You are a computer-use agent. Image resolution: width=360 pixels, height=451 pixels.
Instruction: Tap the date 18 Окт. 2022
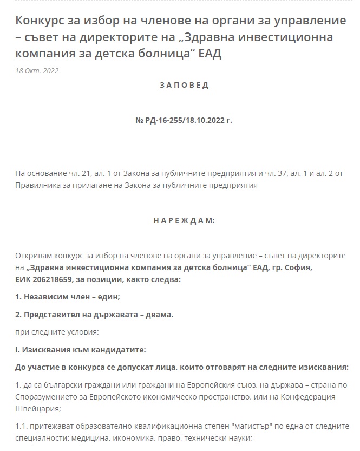[x=37, y=71]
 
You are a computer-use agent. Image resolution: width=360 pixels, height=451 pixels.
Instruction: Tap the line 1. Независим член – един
[x=68, y=297]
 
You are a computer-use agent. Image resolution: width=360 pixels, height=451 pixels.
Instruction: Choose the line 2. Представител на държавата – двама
[x=94, y=314]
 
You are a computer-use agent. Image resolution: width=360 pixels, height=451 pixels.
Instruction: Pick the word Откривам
[x=35, y=256]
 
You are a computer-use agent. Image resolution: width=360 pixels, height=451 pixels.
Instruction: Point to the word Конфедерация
[x=322, y=396]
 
